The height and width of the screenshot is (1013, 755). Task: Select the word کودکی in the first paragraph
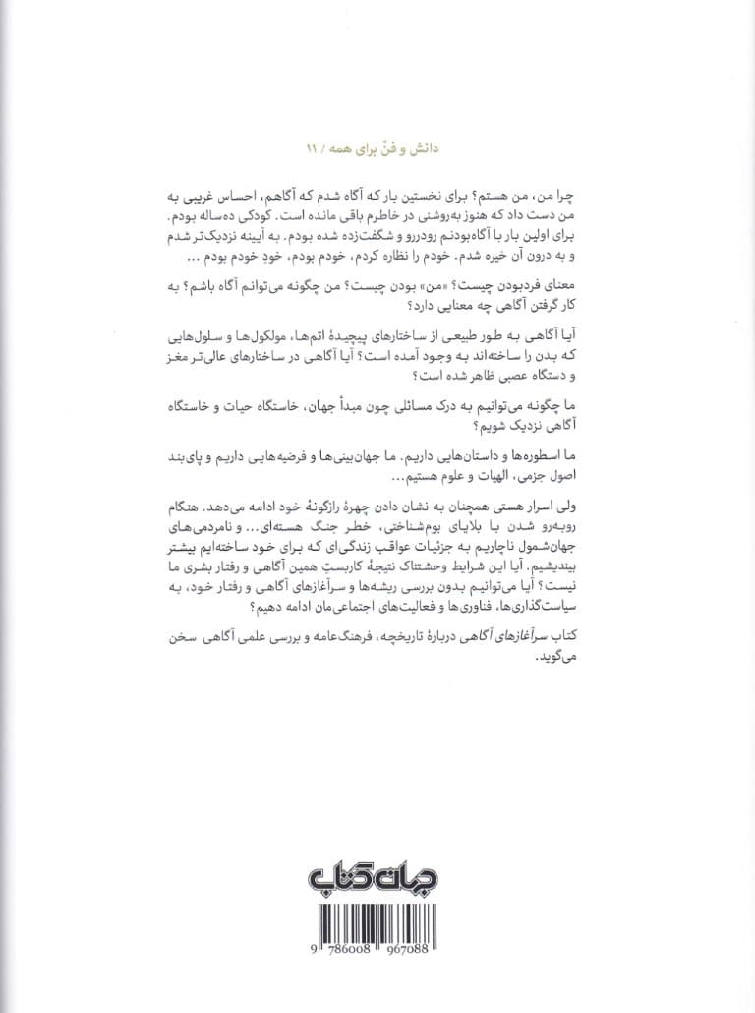pyautogui.click(x=505, y=212)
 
